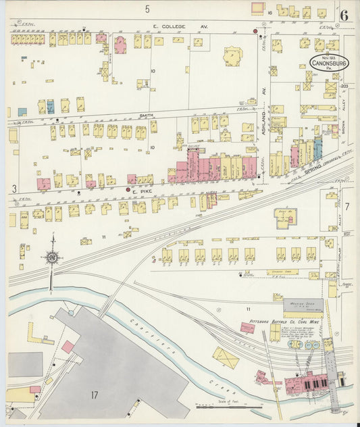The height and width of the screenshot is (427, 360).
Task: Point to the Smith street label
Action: tap(146, 116)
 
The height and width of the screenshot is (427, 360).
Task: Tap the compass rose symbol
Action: tap(52, 257)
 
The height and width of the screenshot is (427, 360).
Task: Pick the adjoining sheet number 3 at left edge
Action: tap(14, 189)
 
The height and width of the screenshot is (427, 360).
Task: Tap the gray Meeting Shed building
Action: tap(303, 305)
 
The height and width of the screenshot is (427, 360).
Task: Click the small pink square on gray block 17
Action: tap(68, 347)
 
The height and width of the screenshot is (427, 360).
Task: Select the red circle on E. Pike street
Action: tap(127, 191)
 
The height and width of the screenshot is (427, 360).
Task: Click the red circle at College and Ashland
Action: tap(255, 31)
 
